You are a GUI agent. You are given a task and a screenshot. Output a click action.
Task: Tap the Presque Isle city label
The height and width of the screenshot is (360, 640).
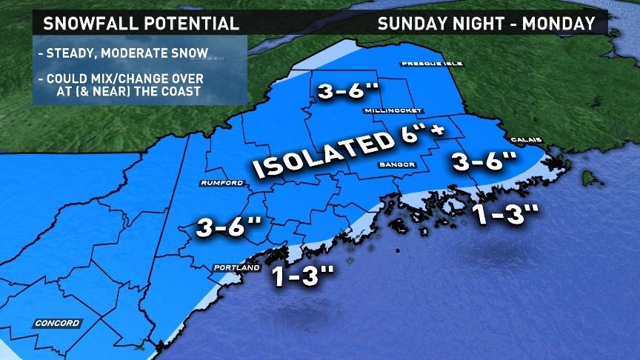(432, 64)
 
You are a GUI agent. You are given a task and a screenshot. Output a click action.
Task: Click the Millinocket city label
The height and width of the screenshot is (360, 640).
(393, 111)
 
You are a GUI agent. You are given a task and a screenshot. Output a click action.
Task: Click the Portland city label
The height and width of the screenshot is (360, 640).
(236, 267)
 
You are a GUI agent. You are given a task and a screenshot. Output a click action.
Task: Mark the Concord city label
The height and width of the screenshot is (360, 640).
(56, 323)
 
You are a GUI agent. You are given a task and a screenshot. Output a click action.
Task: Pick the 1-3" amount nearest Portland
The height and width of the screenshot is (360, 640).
(304, 276)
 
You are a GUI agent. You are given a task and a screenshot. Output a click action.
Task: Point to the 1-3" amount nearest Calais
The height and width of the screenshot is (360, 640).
(504, 216)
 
